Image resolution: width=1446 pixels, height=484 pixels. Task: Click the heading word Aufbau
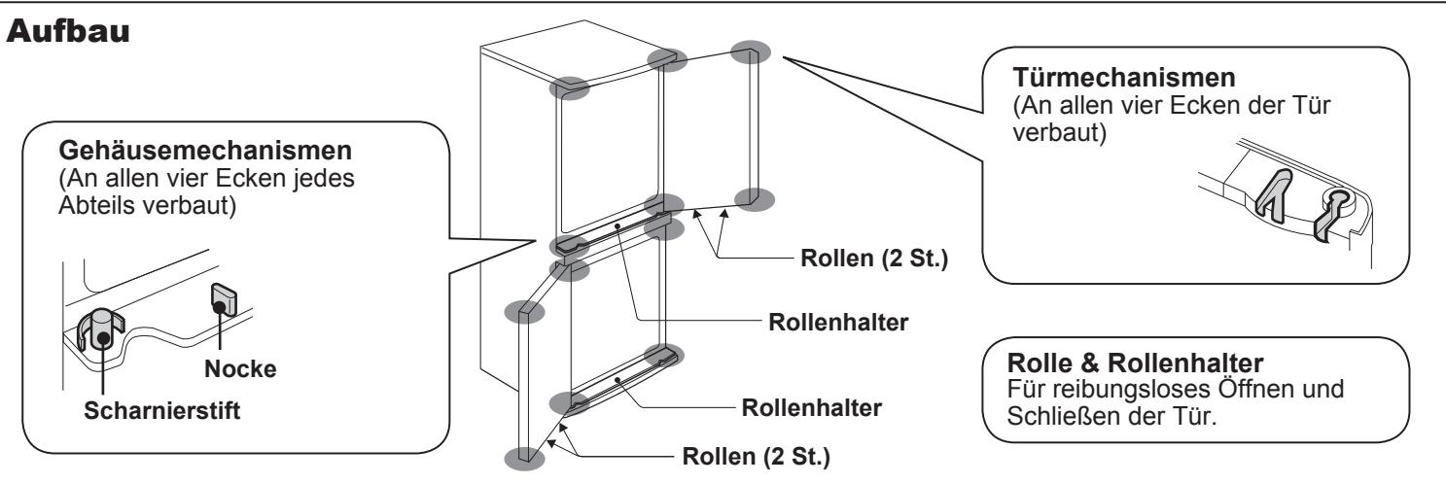(x=68, y=31)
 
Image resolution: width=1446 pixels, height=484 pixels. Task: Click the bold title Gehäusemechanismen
(x=205, y=151)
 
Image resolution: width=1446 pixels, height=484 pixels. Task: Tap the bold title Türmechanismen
(x=1124, y=78)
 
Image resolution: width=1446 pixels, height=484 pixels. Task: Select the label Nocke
(x=240, y=369)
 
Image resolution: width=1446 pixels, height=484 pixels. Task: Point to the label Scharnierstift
(x=162, y=410)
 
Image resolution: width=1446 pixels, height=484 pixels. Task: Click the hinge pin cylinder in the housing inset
(x=102, y=328)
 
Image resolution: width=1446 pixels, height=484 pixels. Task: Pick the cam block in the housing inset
(x=224, y=299)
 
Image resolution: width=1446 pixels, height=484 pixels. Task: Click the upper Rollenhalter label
(x=838, y=322)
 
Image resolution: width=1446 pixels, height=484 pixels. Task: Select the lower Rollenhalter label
(x=811, y=408)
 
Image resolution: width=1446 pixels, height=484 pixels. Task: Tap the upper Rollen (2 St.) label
(x=874, y=259)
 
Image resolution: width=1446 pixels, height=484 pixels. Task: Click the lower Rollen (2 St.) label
(x=756, y=456)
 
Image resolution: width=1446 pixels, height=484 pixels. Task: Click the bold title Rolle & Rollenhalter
(x=1135, y=363)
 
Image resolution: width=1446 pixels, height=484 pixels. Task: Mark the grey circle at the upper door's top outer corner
(x=751, y=52)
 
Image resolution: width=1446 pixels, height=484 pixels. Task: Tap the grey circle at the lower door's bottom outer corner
(x=524, y=459)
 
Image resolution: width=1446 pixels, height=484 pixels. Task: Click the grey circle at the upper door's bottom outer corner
(x=755, y=199)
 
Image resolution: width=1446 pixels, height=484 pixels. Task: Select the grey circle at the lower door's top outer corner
(x=524, y=312)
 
